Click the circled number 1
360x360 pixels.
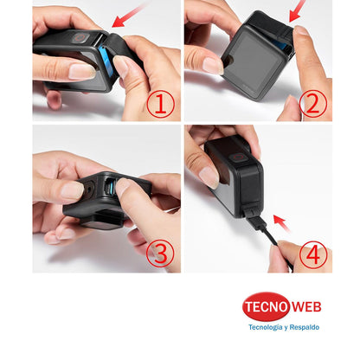161,104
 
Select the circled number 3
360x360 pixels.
161,254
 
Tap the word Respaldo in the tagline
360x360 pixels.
304,328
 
